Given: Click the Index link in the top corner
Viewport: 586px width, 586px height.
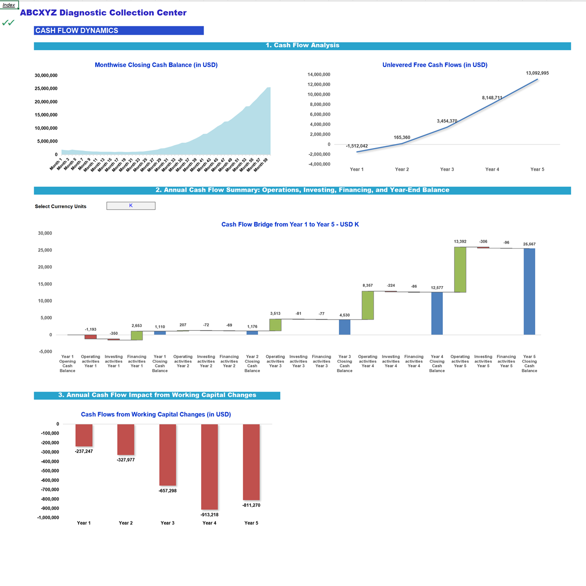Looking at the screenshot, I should (9, 5).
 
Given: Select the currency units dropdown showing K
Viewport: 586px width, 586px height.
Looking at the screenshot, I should (131, 206).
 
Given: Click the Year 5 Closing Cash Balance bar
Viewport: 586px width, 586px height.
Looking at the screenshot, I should (529, 292).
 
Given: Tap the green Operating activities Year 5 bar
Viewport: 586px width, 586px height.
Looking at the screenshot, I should (460, 270).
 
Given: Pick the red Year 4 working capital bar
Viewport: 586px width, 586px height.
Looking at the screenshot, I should (209, 466).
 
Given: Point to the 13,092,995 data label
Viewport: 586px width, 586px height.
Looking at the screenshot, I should (537, 73).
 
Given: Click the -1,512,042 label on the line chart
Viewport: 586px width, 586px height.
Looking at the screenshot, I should (356, 146).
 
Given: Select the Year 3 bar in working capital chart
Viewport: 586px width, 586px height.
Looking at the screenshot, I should (167, 455).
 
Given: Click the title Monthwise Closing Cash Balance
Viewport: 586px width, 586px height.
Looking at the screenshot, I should (156, 65).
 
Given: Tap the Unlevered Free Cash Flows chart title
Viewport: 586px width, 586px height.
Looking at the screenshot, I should (435, 65).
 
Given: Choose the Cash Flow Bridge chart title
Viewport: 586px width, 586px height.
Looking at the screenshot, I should (290, 225).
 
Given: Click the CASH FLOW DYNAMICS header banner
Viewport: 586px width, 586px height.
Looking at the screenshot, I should (119, 30).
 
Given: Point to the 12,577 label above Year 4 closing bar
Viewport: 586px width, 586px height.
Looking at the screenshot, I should (437, 288).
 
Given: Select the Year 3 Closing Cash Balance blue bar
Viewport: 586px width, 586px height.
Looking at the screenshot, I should (345, 327).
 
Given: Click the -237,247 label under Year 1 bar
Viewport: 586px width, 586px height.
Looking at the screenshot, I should (84, 451).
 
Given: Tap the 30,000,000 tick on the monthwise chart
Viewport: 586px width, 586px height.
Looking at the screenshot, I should (46, 76).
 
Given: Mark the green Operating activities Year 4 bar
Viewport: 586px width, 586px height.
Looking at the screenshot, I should (368, 305).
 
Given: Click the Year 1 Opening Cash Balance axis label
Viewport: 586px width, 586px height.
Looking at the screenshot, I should (67, 364).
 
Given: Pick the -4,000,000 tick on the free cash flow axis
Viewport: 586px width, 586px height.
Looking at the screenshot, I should (319, 164).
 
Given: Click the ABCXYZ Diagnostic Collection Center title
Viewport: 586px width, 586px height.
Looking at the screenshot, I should (103, 13).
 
